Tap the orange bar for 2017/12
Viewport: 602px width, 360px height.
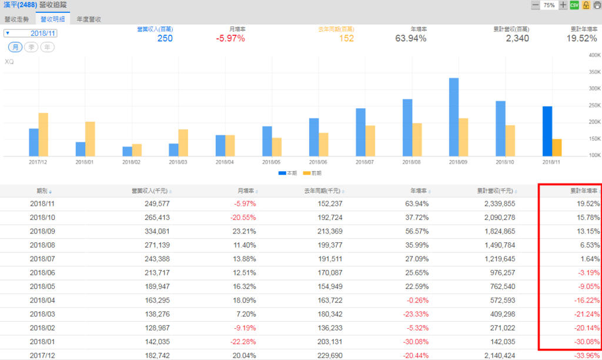pos(43,134)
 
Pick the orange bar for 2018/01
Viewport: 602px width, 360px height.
pos(90,138)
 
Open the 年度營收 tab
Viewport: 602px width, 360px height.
pos(89,19)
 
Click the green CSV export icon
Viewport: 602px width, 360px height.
pos(574,5)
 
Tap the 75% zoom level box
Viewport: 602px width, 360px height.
pos(549,5)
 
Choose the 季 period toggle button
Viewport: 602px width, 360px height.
pos(31,47)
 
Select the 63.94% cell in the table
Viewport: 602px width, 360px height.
pos(416,204)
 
